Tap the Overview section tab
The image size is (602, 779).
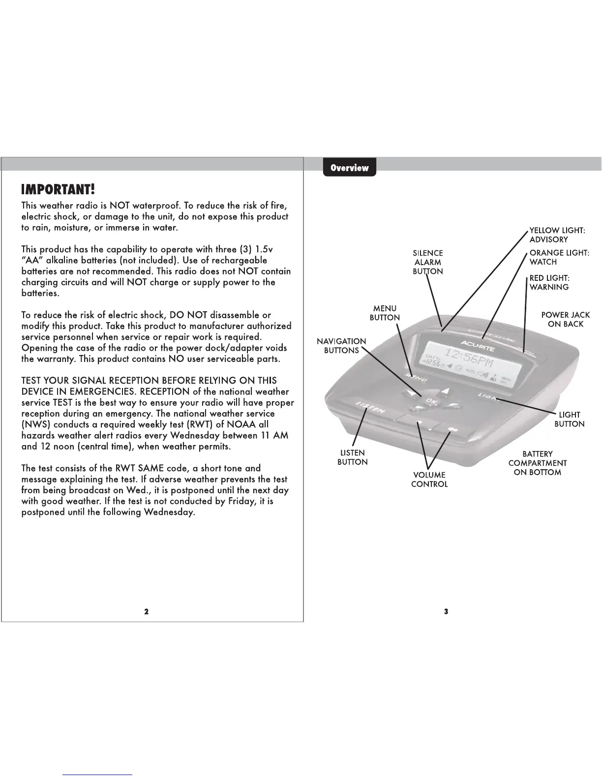[349, 168]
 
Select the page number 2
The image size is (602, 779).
[146, 611]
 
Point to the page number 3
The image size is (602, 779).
[446, 611]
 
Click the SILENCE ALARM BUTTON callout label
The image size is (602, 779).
[428, 262]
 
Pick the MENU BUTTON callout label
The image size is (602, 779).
[385, 313]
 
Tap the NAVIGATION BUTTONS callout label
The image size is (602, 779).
[341, 346]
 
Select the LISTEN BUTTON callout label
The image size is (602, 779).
[352, 457]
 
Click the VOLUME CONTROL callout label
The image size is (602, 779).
[429, 479]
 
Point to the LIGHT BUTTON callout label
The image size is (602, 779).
[569, 419]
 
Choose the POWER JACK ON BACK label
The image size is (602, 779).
[565, 319]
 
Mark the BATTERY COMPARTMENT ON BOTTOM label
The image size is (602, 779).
[537, 463]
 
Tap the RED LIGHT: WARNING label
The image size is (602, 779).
[549, 282]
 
